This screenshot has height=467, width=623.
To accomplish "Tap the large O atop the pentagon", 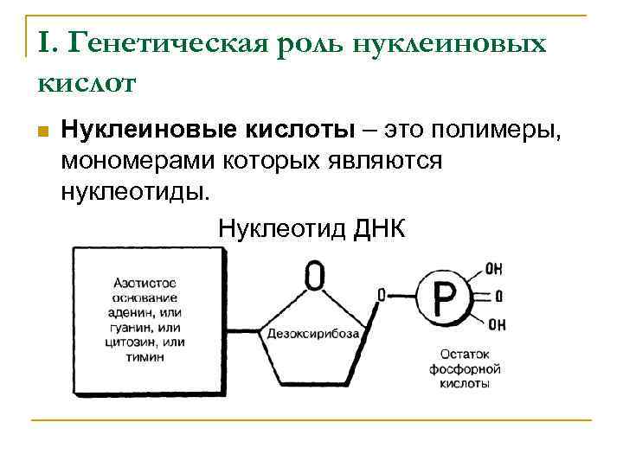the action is coord(316,276).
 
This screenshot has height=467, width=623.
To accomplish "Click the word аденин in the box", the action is coord(136,312).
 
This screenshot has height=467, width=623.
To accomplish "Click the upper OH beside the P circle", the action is coord(495,269).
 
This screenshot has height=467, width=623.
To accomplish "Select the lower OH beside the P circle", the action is coord(496,325).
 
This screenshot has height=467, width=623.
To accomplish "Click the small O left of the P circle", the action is coord(381,296).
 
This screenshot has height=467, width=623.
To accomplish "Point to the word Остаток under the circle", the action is coord(465,355).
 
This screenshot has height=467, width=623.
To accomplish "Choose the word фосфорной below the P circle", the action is coord(465,368).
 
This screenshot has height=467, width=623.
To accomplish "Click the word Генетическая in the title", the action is coord(168,42).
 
